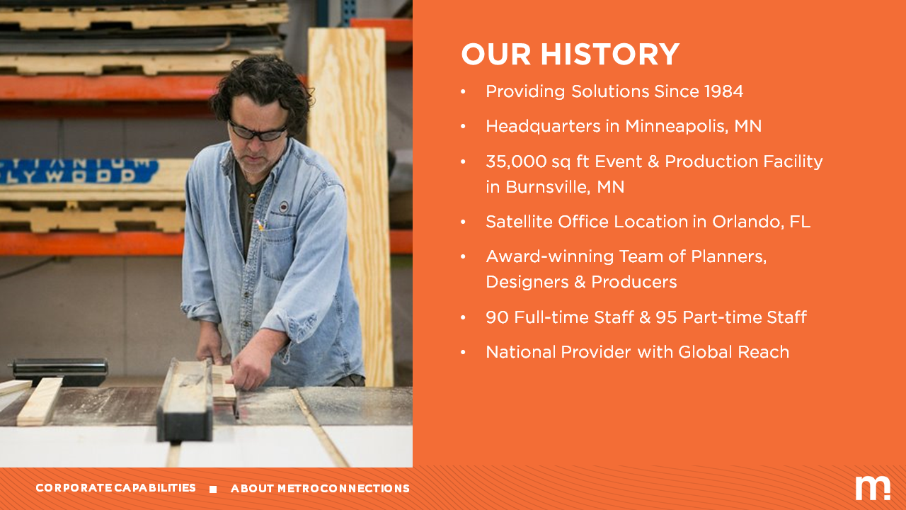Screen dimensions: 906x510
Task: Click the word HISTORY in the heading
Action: [x=610, y=55]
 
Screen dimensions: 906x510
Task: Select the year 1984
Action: [x=723, y=91]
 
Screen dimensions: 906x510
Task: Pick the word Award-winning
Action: [x=550, y=256]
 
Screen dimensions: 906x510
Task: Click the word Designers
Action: [x=527, y=282]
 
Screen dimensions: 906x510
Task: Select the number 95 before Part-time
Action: [x=666, y=317]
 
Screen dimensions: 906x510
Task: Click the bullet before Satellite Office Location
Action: [x=463, y=222]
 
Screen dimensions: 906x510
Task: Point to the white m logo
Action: [x=873, y=488]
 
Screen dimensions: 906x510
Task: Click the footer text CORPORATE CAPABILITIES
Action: [x=115, y=488]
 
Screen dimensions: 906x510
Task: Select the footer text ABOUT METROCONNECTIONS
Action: [x=320, y=489]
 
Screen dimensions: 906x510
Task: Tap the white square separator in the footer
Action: [x=213, y=489]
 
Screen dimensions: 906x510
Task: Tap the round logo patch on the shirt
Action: [x=285, y=206]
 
